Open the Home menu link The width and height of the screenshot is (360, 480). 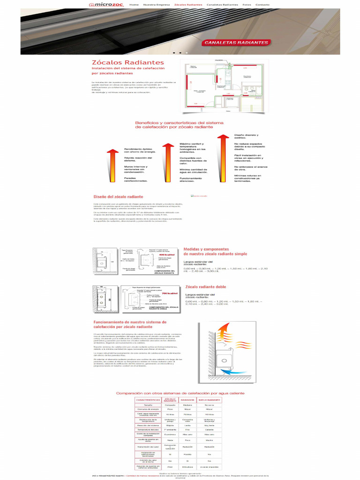134,5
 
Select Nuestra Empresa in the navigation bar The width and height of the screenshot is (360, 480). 157,5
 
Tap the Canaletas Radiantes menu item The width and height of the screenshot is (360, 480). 222,5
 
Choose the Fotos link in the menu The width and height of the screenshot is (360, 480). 247,5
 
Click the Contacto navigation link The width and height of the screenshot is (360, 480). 262,5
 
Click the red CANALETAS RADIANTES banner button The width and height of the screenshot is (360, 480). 236,43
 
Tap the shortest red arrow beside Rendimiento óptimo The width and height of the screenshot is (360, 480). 112,166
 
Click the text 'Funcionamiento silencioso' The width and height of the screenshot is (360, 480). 190,180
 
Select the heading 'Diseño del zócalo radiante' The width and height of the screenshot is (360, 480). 118,197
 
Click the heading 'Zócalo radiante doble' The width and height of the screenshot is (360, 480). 205,286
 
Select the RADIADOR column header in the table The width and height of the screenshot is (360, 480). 187,400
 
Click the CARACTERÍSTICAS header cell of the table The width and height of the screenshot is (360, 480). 148,400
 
